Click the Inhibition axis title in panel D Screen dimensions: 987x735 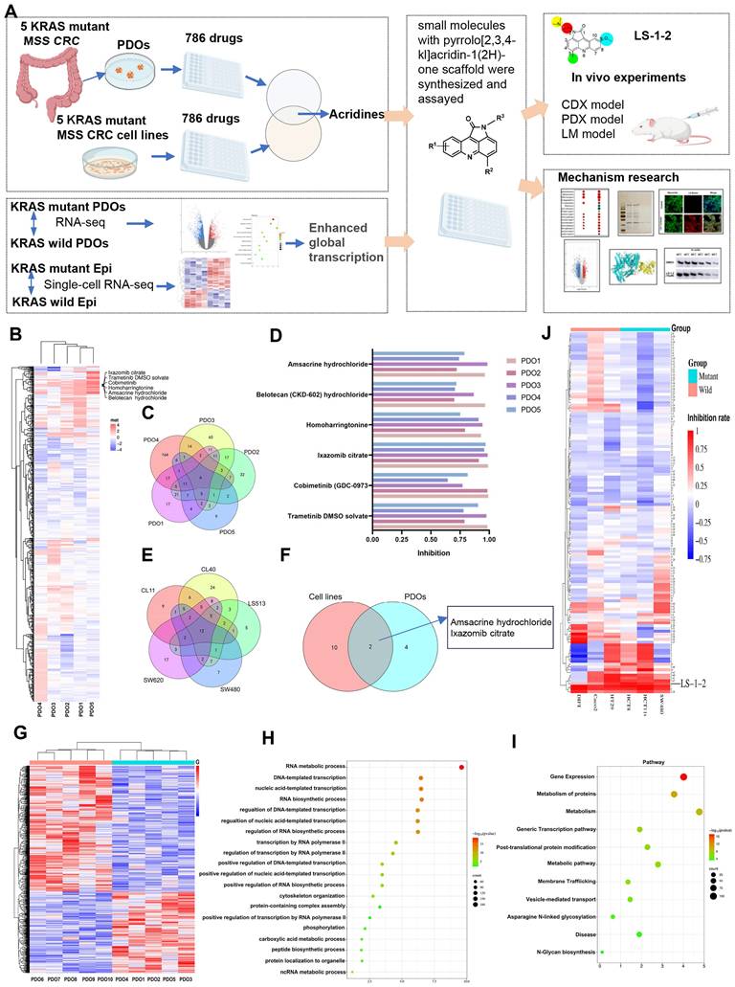click(x=429, y=552)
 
